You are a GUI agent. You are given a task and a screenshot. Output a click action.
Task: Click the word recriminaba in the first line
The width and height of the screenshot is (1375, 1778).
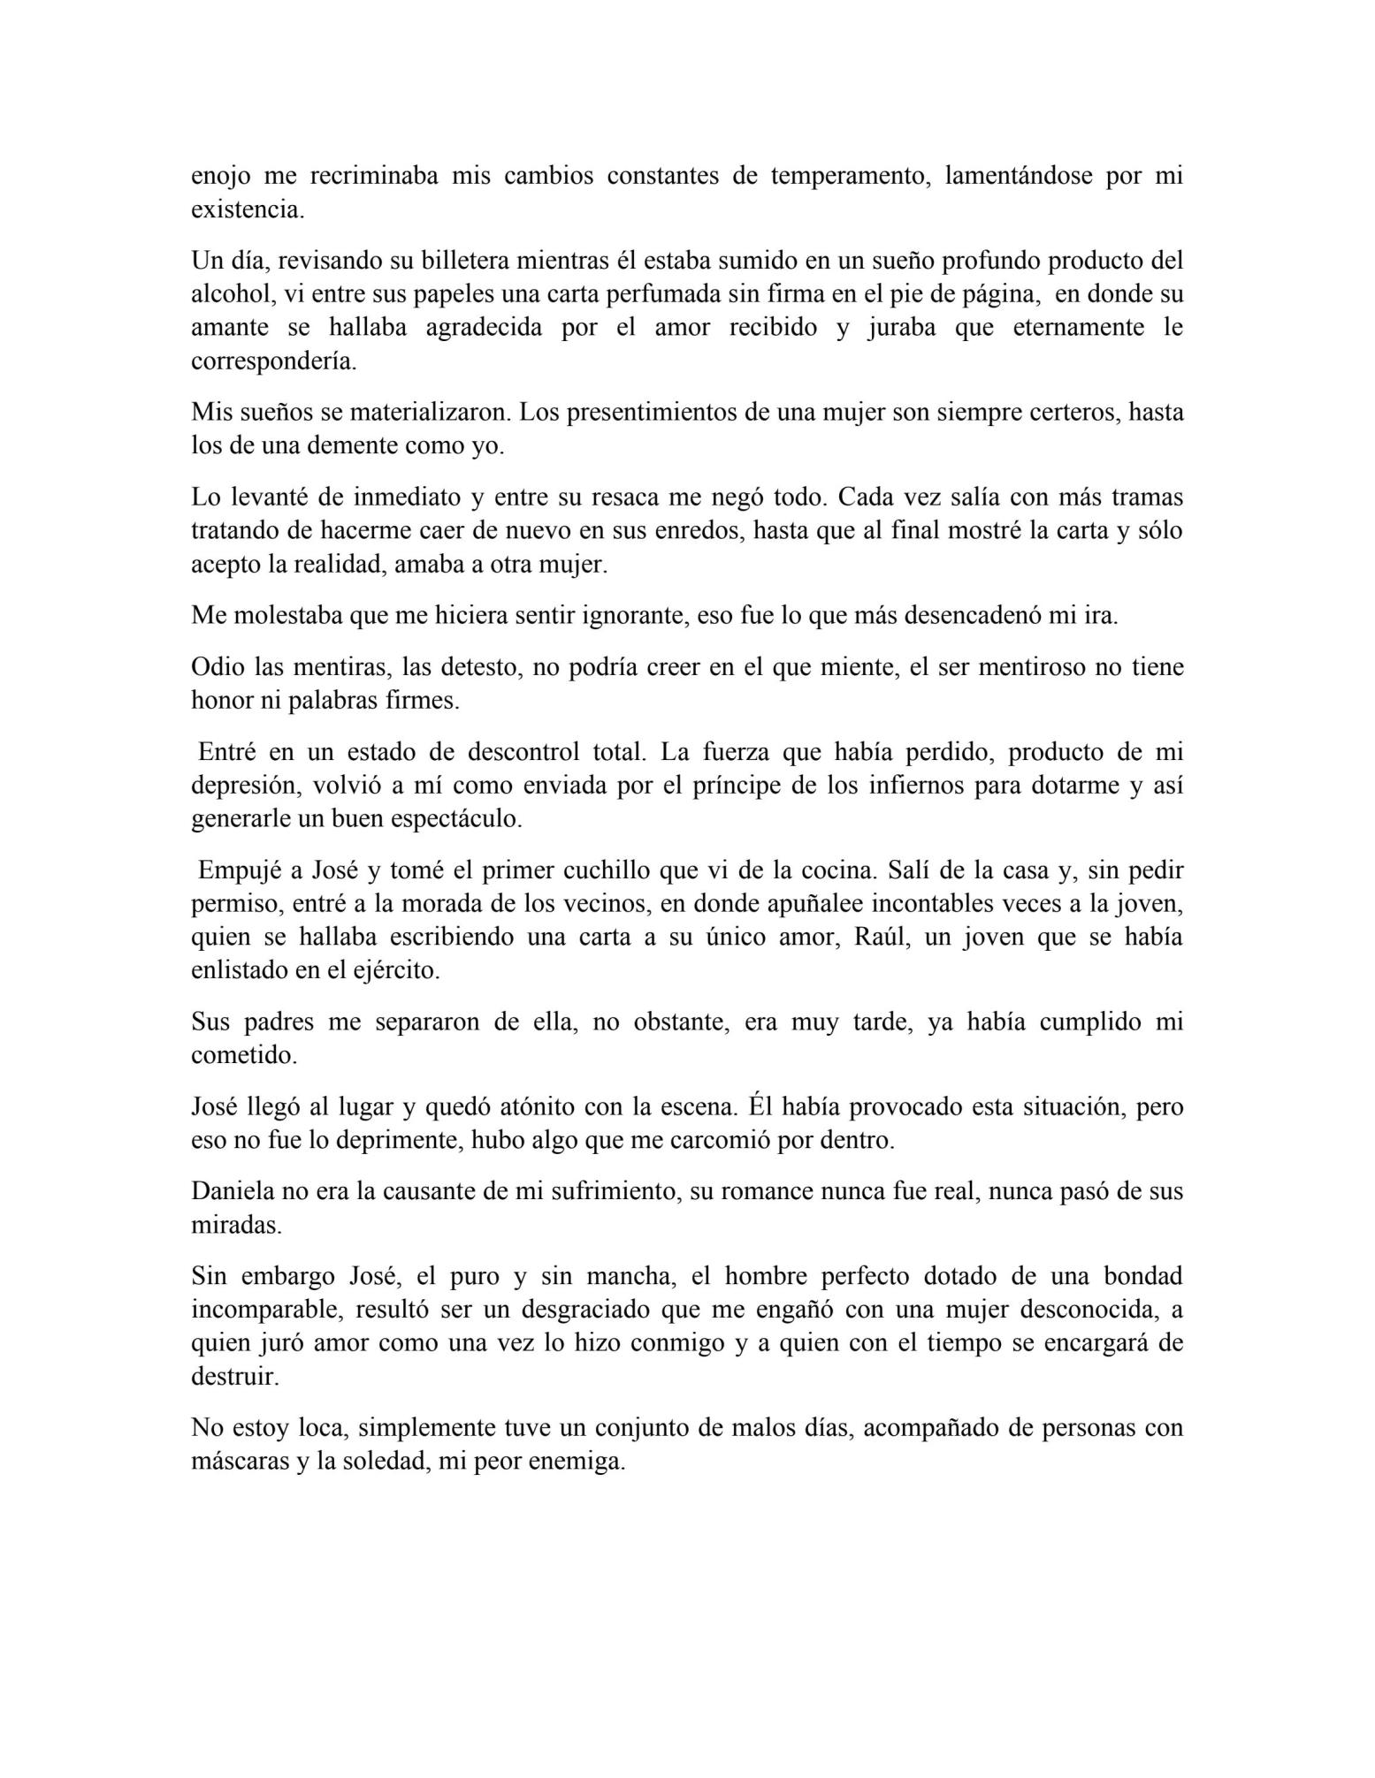[x=373, y=176]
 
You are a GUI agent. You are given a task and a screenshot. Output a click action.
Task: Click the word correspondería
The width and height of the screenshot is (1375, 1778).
[x=274, y=361]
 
